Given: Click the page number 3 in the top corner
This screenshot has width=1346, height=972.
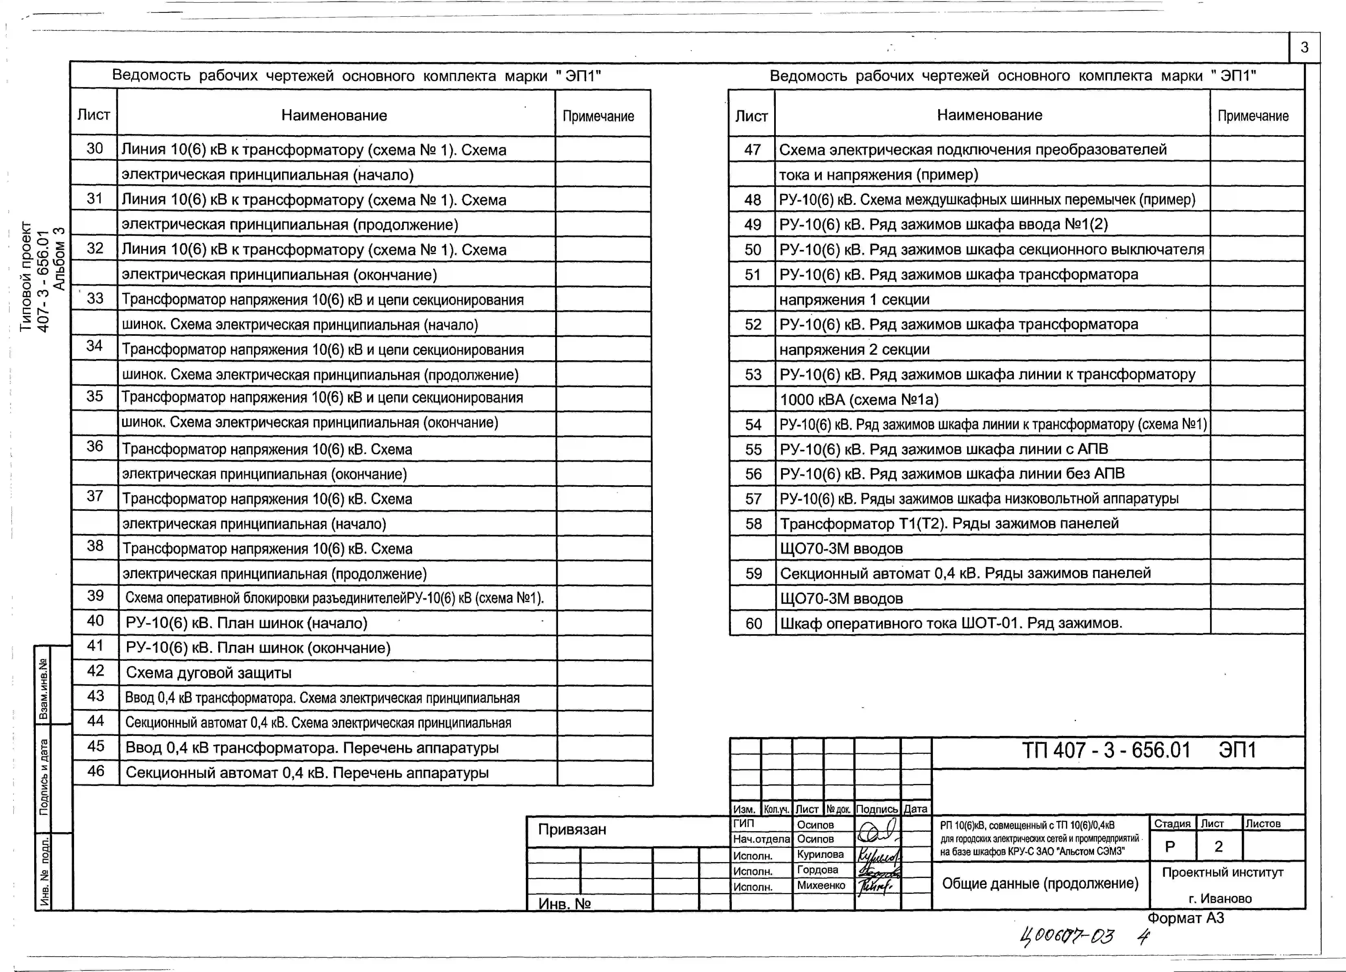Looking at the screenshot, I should (x=1304, y=47).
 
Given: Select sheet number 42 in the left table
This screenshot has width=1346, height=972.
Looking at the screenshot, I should (x=96, y=671).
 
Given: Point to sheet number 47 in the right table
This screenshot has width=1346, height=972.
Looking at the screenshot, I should (x=752, y=150).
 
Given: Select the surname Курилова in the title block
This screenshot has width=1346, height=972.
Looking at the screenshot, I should (x=820, y=855).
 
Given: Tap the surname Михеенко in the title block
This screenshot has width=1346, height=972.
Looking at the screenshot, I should (x=821, y=885).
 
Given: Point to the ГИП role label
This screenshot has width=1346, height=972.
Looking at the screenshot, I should (x=744, y=824).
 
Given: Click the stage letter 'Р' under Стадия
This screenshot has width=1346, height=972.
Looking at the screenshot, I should (x=1170, y=847).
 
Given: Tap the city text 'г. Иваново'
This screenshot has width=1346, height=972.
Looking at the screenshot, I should (x=1220, y=898).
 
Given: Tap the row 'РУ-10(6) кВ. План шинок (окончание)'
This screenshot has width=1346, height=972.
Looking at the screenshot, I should (x=258, y=648).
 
